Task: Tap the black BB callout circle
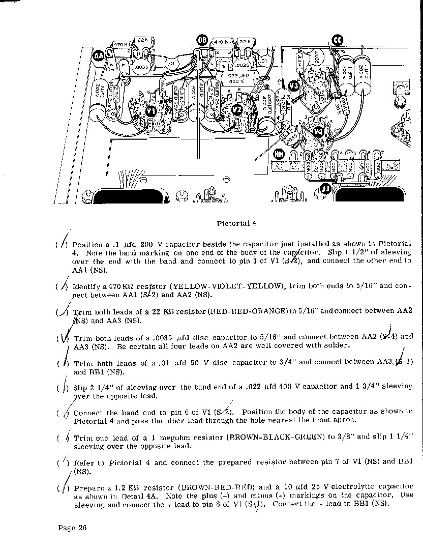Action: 202,40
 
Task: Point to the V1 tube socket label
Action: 151,110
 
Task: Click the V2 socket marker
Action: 236,109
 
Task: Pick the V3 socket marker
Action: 294,85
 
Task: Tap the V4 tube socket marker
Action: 318,132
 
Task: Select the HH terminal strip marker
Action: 279,153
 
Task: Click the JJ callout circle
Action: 326,190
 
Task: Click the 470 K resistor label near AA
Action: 120,44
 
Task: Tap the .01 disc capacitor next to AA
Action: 172,63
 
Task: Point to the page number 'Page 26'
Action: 72,528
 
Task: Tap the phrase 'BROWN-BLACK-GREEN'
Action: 275,437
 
